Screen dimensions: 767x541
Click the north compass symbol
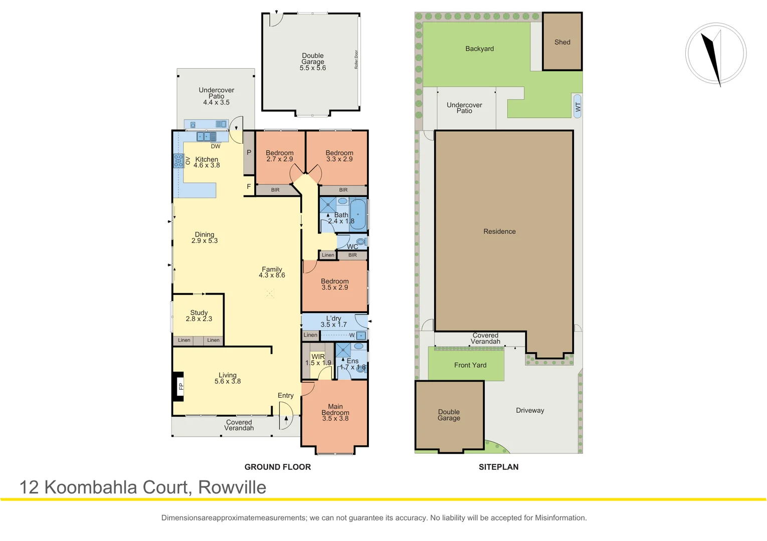tap(716, 54)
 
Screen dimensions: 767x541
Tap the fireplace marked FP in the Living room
tap(178, 386)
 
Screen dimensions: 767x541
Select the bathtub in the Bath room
tap(358, 214)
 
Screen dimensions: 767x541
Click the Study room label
tap(199, 313)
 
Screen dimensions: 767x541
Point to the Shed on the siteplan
tap(562, 42)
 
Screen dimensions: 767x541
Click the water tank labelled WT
tap(578, 106)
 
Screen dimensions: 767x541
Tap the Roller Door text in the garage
tap(356, 60)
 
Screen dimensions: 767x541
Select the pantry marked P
tap(249, 153)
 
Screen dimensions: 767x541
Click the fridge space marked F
tap(249, 186)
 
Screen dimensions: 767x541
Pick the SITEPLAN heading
tap(498, 467)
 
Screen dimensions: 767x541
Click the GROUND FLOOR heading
tap(278, 467)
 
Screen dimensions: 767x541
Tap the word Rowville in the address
tap(232, 487)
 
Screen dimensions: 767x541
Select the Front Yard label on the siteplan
tap(470, 365)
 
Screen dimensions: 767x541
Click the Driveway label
tap(530, 411)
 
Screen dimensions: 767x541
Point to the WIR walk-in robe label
tap(318, 357)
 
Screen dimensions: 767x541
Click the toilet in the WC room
tap(361, 241)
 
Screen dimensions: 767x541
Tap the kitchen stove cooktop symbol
tap(178, 160)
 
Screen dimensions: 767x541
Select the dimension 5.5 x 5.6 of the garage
tap(313, 68)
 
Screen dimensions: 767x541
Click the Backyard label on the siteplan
tap(479, 49)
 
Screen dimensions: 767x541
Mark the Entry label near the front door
tap(286, 396)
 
